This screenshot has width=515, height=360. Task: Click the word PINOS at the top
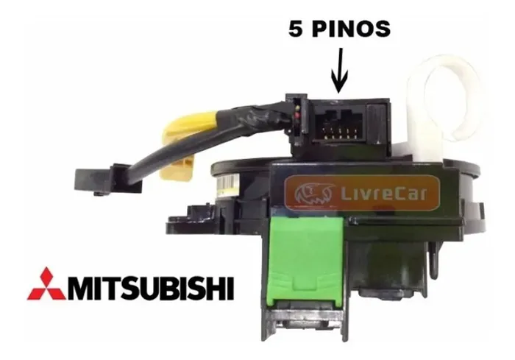coord(351,29)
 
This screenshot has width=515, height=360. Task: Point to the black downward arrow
coord(339,70)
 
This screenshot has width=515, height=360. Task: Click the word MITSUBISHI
coord(150,289)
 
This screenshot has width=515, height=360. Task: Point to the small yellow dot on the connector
coord(297,108)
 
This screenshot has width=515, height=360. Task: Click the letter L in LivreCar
coord(346,193)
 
